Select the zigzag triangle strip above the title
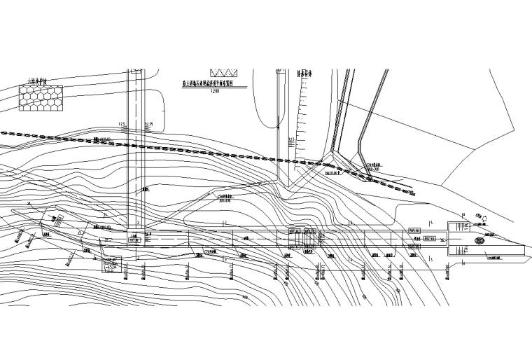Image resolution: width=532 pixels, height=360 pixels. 224,72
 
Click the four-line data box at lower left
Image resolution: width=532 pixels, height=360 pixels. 111,265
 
